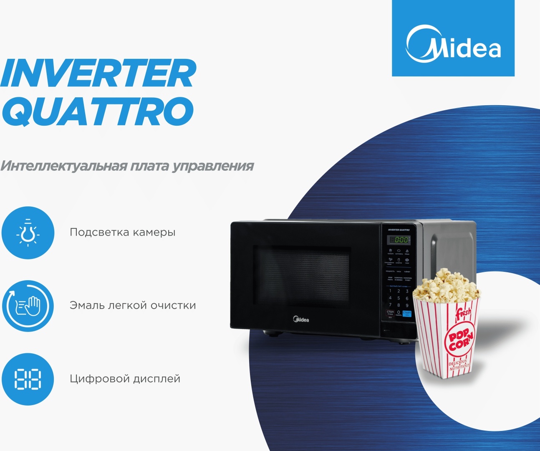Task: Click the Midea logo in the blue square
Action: click(453, 44)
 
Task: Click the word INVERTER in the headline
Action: click(98, 73)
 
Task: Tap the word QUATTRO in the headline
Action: click(98, 111)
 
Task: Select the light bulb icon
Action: click(28, 233)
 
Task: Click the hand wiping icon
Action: click(28, 306)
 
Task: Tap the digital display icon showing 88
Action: click(28, 379)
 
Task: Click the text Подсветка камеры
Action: click(123, 232)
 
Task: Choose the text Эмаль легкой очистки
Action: click(133, 305)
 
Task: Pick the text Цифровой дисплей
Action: click(125, 379)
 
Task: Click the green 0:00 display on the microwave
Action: click(399, 240)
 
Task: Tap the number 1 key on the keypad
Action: click(390, 291)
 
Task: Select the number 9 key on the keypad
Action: click(407, 305)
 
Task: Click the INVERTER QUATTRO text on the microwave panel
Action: click(399, 230)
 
